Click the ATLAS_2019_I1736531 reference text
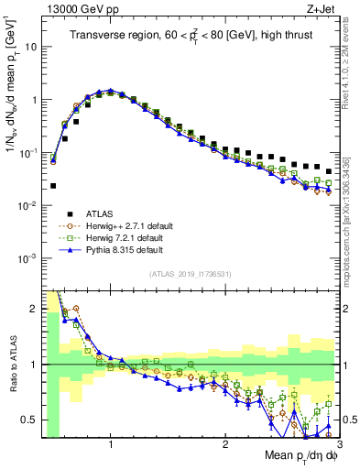(x=190, y=273)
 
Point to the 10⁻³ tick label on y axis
(x=28, y=258)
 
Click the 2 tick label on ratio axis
(x=35, y=309)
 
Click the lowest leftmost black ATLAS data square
(x=53, y=185)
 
